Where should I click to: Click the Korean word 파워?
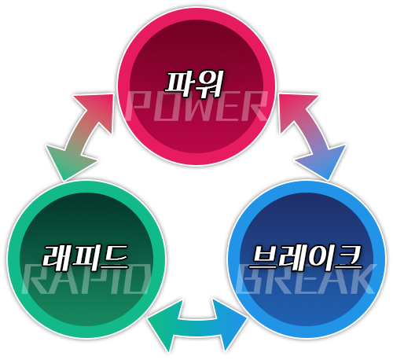click(193, 83)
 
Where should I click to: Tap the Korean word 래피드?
click(86, 258)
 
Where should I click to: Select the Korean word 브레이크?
click(306, 258)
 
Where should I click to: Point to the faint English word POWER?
click(197, 105)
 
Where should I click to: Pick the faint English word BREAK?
click(306, 278)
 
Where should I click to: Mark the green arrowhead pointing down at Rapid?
click(68, 163)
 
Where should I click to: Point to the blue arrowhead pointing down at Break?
click(324, 163)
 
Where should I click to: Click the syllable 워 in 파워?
click(209, 83)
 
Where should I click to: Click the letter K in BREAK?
click(363, 279)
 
